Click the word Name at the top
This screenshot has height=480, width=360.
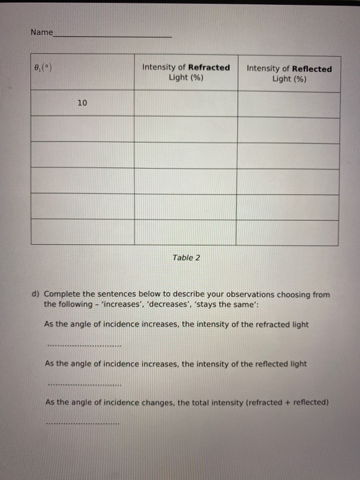(40, 32)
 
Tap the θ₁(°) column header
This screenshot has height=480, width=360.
(43, 68)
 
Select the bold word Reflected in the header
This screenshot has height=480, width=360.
(311, 69)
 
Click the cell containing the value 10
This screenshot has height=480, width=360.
(82, 104)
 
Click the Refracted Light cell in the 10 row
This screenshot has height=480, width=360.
(185, 104)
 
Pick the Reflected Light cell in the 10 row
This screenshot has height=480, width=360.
(288, 104)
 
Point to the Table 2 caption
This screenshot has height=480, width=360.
(187, 258)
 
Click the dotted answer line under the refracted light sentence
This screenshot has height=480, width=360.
(83, 345)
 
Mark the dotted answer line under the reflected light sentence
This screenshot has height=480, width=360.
(83, 385)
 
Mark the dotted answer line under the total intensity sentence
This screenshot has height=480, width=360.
(83, 424)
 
